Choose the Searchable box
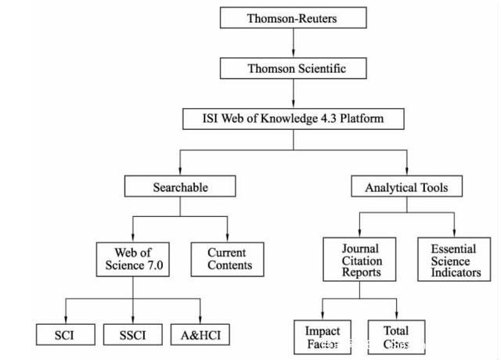coord(181,187)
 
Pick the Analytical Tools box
coord(407,187)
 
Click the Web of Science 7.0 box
coord(132,259)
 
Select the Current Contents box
coord(227,259)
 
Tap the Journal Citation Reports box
coord(359,261)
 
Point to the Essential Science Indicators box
coord(452,261)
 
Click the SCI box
coord(66,335)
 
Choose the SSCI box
coord(132,335)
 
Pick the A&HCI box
coord(200,335)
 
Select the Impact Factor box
coord(322,336)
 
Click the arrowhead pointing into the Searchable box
coord(181,172)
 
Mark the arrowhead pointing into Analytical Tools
coord(407,172)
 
